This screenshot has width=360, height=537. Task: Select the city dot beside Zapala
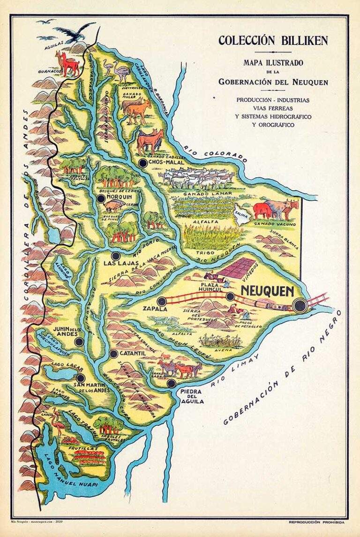[162, 302]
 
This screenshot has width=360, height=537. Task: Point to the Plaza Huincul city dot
[230, 296]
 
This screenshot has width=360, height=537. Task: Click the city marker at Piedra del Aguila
[171, 383]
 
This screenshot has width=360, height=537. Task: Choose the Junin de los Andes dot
[79, 341]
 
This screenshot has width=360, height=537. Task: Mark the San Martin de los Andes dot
[80, 378]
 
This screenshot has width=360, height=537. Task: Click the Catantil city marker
[113, 354]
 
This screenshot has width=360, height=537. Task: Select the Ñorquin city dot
[101, 199]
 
